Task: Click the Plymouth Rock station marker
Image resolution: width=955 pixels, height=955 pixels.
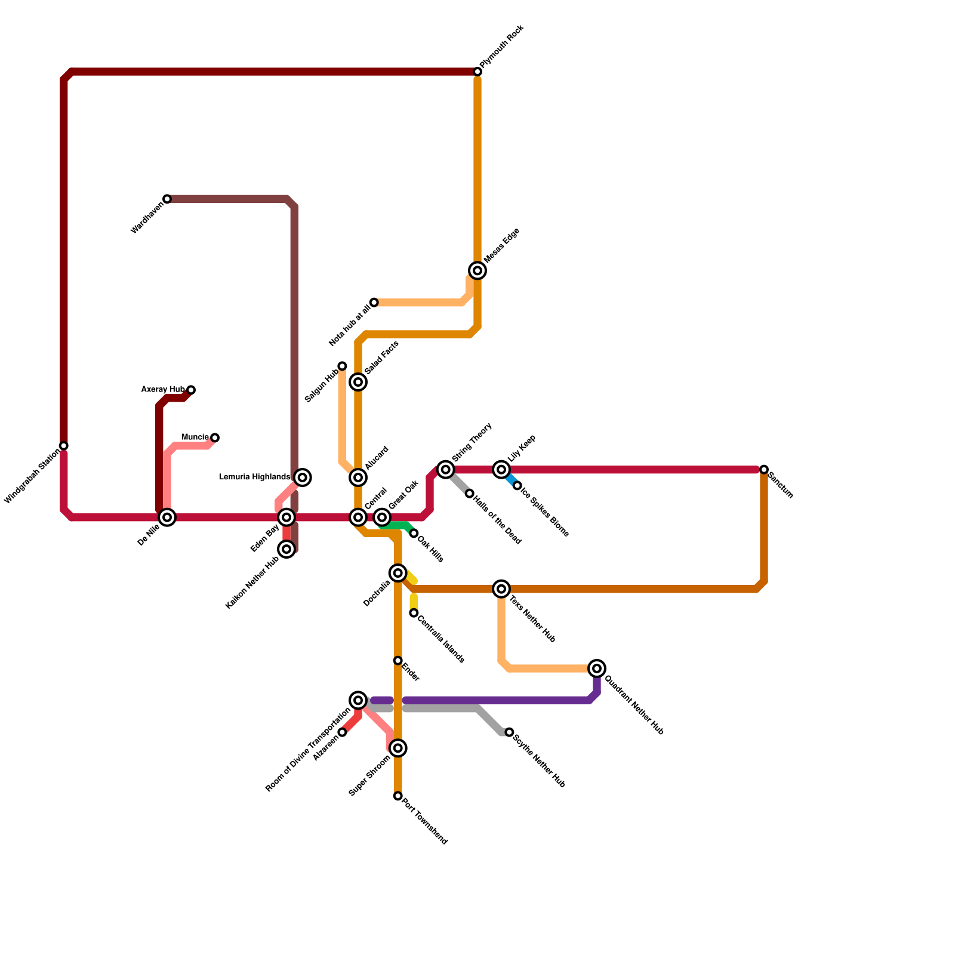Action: click(x=478, y=72)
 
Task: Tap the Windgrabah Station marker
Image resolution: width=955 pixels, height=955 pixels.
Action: click(x=64, y=446)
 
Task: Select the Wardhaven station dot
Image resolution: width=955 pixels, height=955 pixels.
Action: click(x=167, y=199)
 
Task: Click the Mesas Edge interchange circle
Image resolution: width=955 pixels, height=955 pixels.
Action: click(x=478, y=270)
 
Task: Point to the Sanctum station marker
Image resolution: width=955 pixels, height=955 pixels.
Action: click(x=764, y=470)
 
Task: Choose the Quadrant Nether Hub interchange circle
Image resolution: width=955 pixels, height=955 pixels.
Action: click(x=597, y=668)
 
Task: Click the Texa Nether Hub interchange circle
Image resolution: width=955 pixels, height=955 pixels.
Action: click(x=502, y=589)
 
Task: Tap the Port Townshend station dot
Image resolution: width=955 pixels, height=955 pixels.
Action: click(x=398, y=796)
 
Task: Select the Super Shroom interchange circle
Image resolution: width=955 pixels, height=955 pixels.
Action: click(x=398, y=748)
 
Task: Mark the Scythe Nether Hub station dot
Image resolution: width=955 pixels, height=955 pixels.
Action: click(x=509, y=732)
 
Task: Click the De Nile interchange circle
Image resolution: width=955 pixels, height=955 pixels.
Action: click(x=168, y=517)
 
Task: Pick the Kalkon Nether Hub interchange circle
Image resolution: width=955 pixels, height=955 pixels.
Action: click(x=287, y=549)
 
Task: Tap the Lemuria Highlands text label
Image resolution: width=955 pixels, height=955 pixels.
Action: click(x=254, y=477)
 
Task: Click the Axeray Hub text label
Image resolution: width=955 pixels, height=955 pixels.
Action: click(x=163, y=390)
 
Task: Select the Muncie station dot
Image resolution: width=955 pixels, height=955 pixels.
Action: click(x=215, y=438)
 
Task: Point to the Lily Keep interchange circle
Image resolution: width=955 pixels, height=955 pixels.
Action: click(x=502, y=470)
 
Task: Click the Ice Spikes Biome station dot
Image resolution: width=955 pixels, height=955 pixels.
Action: click(x=517, y=486)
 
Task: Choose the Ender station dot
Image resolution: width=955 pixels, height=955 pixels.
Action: click(x=398, y=661)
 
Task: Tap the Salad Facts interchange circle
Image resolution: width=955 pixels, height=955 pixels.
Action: click(x=358, y=382)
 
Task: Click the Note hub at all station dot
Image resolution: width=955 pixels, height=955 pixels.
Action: click(x=374, y=303)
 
